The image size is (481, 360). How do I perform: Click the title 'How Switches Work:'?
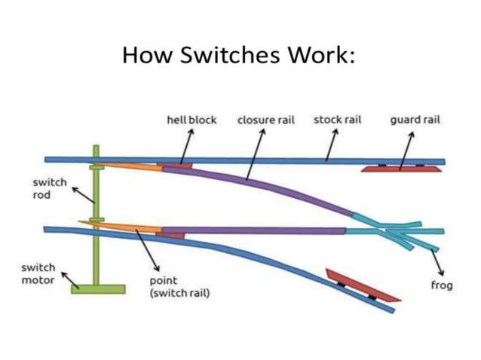pos(240,56)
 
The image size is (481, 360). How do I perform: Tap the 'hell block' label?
pos(191,120)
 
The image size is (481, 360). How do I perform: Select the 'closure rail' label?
pos(265,120)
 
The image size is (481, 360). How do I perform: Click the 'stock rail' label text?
pos(338,120)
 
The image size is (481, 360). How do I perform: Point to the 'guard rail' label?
pos(415,120)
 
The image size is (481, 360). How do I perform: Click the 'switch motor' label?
pos(38,273)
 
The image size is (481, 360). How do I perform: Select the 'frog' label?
pos(441,285)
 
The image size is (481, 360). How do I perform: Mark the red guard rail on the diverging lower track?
pos(360,287)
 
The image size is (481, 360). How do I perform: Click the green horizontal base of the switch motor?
pos(98,289)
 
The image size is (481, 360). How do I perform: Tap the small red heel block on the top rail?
pos(176,163)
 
